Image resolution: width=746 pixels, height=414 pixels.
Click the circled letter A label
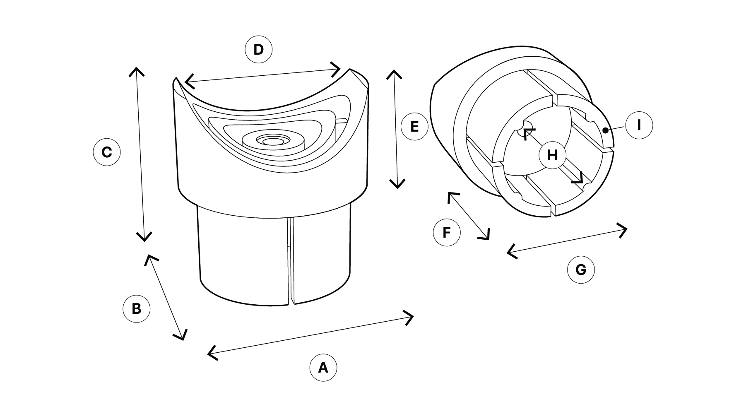point(323,367)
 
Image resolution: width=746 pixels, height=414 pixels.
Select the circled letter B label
point(136,308)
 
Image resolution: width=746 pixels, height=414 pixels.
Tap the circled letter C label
point(106,152)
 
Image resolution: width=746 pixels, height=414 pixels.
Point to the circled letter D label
point(258,50)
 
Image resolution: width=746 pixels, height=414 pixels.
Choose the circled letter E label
point(415,126)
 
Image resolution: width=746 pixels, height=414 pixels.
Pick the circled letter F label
point(447,232)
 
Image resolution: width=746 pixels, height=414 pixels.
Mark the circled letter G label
point(581,270)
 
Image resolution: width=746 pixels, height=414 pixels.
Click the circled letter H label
point(552,155)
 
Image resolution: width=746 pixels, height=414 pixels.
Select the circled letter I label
point(639,125)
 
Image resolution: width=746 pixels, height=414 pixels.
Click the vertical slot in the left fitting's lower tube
point(291,261)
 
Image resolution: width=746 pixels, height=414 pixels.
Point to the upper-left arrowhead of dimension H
point(527,132)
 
